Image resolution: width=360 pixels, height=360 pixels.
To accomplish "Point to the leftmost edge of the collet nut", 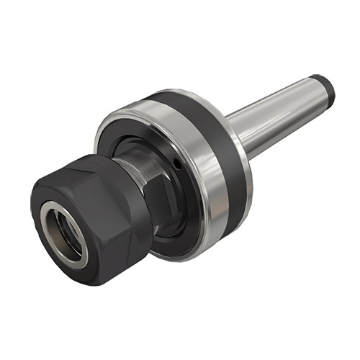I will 31,216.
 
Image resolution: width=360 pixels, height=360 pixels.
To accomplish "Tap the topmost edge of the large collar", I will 173,91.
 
